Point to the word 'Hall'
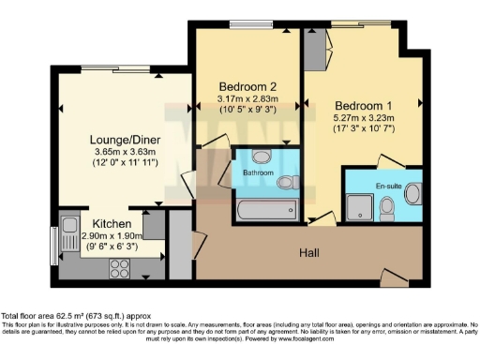click(x=311, y=253)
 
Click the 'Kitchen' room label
click(x=112, y=224)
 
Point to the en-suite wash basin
click(x=412, y=187)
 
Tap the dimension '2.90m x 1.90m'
click(x=112, y=236)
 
